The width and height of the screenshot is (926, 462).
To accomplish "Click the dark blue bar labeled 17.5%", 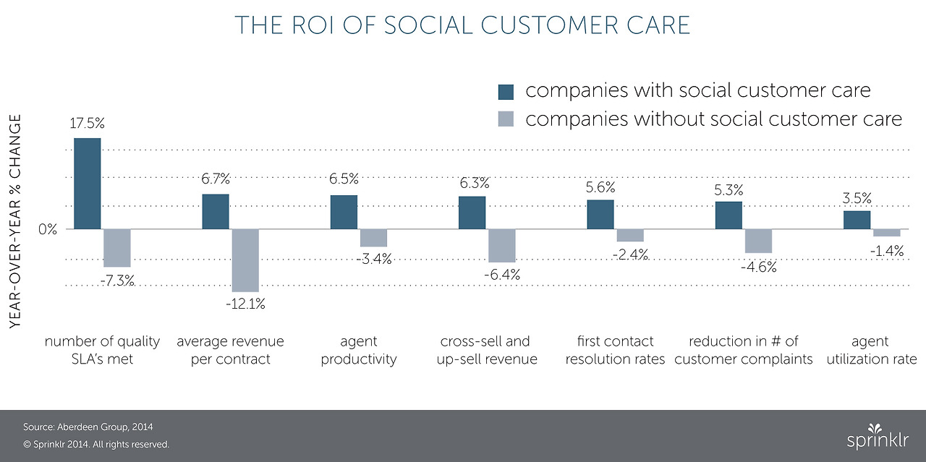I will click(87, 184).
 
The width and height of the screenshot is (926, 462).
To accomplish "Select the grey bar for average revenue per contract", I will click(245, 260).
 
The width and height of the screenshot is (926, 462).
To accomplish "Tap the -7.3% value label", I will click(117, 281).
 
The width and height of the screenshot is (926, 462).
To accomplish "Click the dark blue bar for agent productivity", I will click(344, 212).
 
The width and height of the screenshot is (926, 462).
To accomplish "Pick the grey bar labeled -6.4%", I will click(502, 246).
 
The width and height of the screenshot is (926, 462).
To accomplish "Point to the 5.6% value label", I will click(600, 188).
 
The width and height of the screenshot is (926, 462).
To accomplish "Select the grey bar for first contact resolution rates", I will click(630, 235).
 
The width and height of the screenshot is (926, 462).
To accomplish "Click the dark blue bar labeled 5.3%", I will click(729, 215).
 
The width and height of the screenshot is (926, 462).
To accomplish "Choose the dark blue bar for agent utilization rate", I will click(857, 220).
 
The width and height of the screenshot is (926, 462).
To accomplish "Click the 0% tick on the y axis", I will click(48, 229).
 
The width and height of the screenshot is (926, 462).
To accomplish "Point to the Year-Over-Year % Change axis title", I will click(15, 222).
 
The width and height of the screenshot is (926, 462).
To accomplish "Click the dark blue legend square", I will click(506, 92).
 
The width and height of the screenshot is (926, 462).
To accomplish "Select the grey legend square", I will click(506, 119).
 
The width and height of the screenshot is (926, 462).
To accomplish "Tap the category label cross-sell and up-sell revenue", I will click(486, 350).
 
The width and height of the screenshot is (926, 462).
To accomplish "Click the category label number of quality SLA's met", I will click(90, 350).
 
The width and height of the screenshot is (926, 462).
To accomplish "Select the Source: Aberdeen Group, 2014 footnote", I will click(88, 427).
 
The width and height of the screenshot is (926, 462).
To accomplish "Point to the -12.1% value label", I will click(245, 304).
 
